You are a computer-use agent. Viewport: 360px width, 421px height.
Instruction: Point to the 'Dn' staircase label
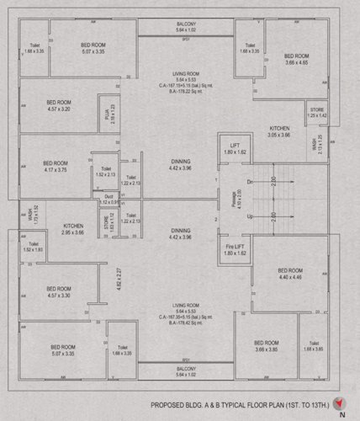[250, 182]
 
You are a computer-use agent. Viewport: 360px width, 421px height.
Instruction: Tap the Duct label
[109, 200]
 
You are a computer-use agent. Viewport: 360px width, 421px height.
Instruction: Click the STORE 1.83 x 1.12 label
[108, 224]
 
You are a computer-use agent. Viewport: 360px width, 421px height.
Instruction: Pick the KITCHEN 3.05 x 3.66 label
[278, 131]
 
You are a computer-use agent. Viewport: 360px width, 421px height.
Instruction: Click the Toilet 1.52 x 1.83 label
[33, 248]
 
